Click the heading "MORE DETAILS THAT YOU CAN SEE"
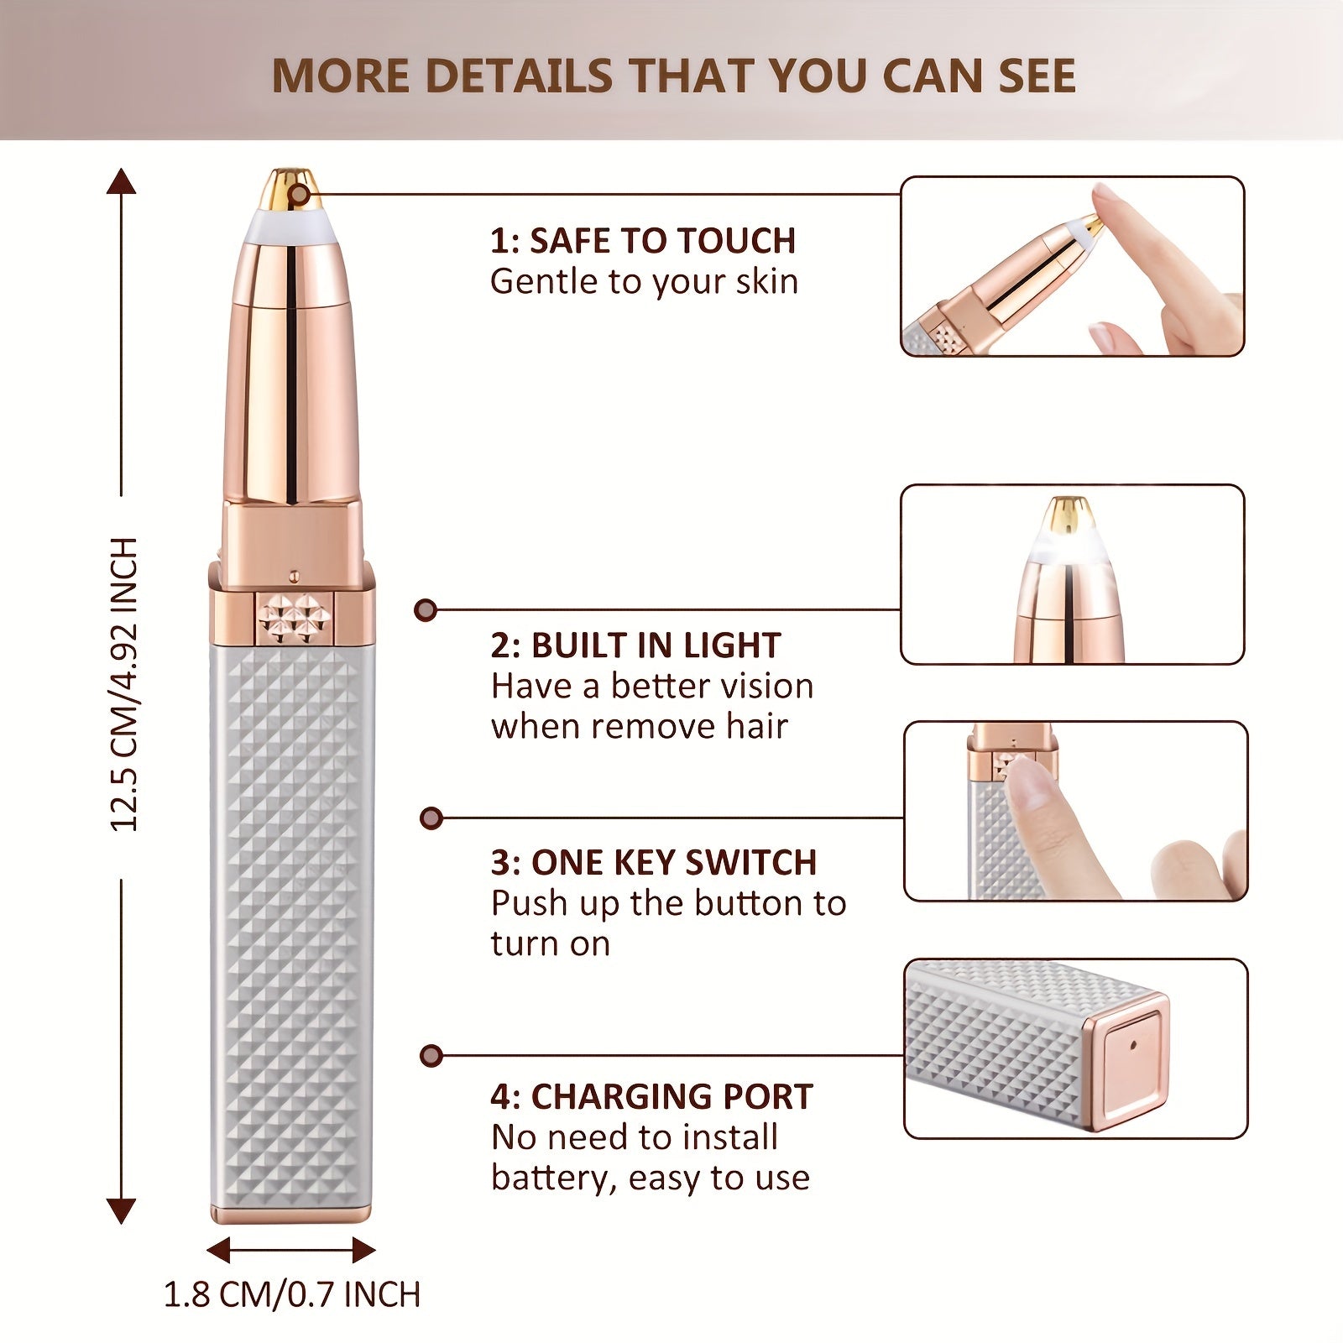(673, 76)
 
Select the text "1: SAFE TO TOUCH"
(643, 241)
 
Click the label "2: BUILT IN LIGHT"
(635, 645)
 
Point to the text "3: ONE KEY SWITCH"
(653, 862)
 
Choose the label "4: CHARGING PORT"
(651, 1096)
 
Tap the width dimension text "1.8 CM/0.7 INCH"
(291, 1294)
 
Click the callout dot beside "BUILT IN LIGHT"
(426, 610)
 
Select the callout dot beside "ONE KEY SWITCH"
(431, 818)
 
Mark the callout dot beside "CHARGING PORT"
(431, 1055)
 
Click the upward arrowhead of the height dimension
(122, 181)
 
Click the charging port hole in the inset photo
(1133, 1046)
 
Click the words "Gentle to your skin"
(644, 282)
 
